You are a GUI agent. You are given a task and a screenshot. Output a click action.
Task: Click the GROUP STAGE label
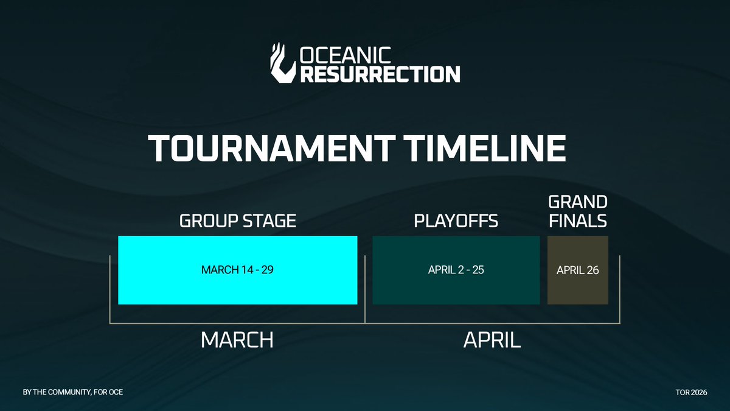point(237,220)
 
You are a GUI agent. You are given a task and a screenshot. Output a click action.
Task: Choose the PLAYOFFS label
point(456,220)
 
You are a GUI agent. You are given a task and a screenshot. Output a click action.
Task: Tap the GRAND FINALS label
point(577,211)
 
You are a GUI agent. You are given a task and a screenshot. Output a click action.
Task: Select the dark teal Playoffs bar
point(456,289)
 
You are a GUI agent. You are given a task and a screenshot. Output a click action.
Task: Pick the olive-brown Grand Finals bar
point(578,289)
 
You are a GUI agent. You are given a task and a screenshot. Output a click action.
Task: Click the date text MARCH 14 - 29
point(237,270)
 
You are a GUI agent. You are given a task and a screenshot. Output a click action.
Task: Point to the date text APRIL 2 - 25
point(456,270)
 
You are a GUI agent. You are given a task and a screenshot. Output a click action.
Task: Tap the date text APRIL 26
point(578,270)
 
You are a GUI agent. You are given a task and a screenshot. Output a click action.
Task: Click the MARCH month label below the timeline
point(237,340)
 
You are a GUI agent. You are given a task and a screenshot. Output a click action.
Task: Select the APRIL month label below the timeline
point(492,340)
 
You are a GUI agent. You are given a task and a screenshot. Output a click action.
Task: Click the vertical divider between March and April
point(364,289)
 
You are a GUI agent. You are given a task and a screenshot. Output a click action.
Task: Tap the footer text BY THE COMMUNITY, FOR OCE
point(73,392)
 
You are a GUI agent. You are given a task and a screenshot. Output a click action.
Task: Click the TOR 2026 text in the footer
point(691,392)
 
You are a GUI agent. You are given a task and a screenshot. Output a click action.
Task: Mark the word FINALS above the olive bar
point(577,220)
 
